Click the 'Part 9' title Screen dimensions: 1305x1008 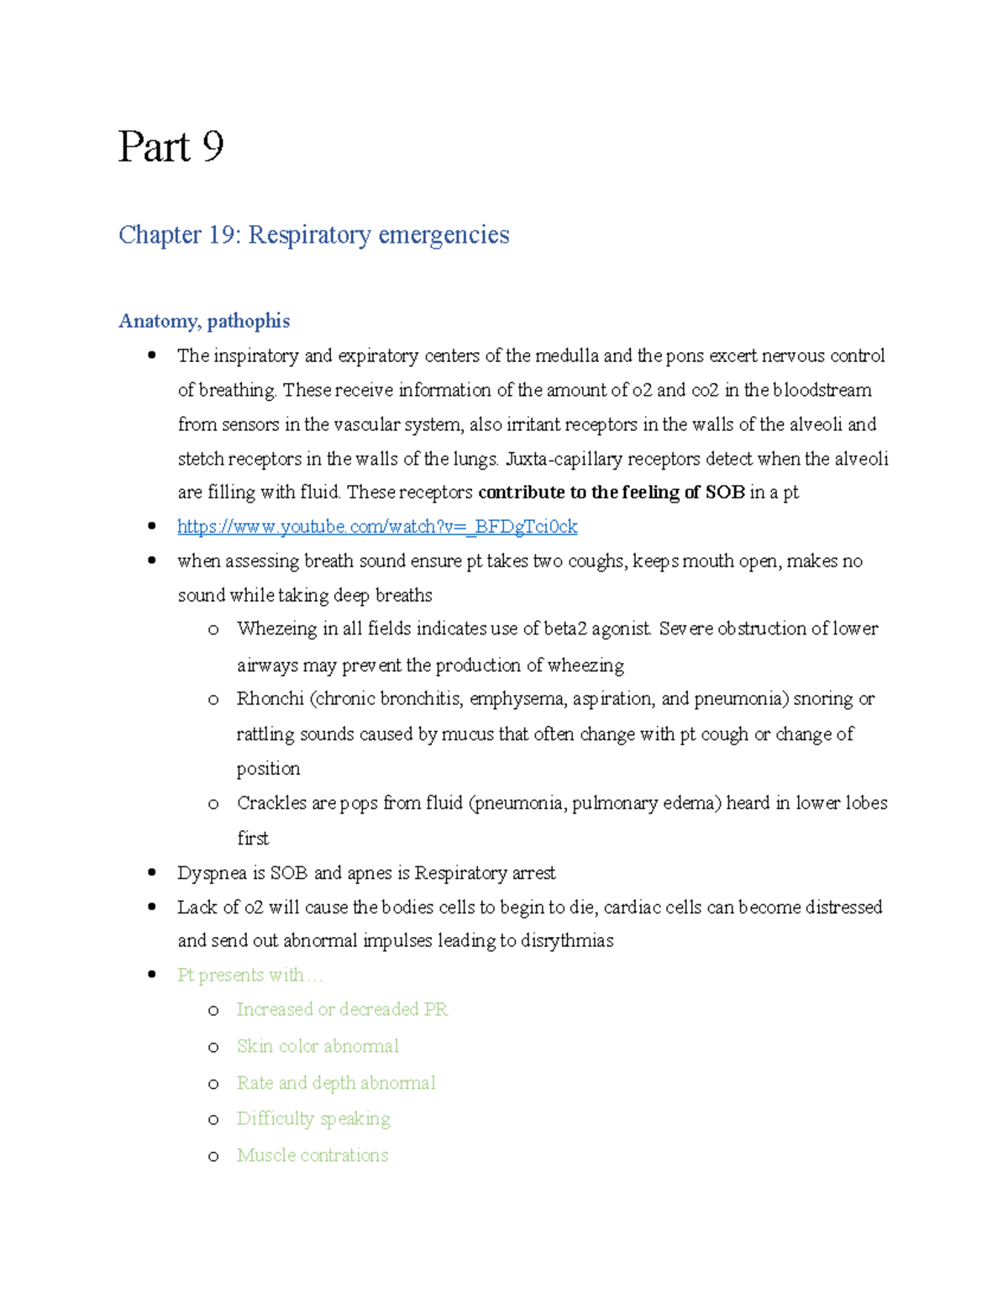171,147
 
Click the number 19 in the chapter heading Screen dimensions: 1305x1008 223,234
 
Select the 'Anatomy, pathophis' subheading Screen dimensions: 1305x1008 204,321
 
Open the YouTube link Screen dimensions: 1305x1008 377,527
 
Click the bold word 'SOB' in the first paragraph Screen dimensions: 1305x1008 724,492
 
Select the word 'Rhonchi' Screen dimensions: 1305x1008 270,699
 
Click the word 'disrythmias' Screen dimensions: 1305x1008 567,940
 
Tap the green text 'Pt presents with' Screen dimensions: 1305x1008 241,975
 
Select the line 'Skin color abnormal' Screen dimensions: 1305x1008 318,1046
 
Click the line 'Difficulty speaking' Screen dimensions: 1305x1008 313,1118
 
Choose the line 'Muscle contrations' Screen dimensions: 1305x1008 312,1155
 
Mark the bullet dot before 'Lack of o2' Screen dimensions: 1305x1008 152,907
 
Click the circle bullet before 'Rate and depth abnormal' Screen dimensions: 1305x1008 213,1084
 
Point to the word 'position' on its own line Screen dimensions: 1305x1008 268,769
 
